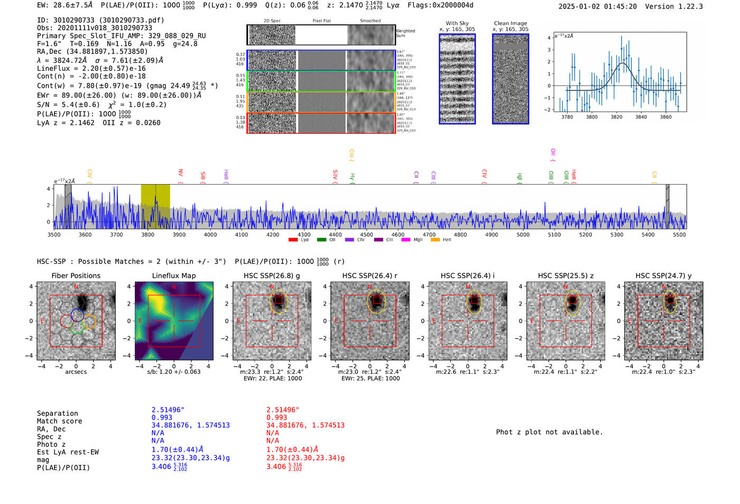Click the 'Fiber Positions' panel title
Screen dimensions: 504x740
[76, 276]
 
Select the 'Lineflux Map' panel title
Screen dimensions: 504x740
[173, 276]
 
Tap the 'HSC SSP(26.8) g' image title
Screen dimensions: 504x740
[271, 276]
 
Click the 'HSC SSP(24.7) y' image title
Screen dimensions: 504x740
[663, 276]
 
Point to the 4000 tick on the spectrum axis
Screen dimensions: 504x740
[210, 234]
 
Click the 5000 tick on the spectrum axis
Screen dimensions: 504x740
[523, 234]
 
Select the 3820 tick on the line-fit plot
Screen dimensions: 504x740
[616, 117]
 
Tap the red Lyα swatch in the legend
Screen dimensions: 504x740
[293, 240]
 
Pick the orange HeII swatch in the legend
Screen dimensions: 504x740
[435, 240]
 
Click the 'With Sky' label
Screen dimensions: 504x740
[457, 23]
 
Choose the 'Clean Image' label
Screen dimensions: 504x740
[510, 23]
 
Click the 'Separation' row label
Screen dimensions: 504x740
[57, 414]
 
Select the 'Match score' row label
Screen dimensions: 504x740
[59, 421]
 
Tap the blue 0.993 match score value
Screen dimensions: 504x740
[162, 417]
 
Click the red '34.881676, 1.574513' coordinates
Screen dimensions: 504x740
[305, 425]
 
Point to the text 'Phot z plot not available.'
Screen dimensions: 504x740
[549, 432]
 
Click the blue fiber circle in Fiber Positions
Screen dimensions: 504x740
[77, 315]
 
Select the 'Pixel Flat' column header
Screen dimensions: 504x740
[321, 21]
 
